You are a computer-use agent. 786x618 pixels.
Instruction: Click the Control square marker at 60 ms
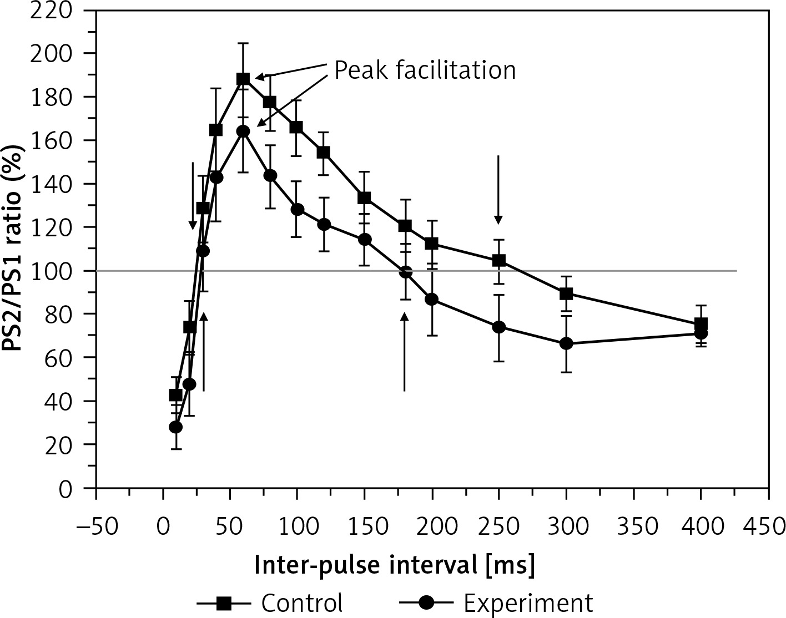(x=243, y=79)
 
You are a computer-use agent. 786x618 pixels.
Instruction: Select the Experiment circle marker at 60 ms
(x=243, y=131)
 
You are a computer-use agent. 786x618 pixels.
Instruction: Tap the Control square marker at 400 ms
(x=701, y=324)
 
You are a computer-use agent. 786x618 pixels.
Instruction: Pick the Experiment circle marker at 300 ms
(x=566, y=344)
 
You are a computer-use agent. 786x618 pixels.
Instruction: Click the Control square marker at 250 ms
(x=499, y=260)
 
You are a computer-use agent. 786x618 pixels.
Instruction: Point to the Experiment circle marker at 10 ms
(x=176, y=427)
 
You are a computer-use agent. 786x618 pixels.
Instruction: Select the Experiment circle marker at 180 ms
(x=405, y=272)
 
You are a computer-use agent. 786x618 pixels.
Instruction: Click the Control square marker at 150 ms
(x=365, y=198)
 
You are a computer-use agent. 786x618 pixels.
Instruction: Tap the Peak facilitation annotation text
(x=425, y=70)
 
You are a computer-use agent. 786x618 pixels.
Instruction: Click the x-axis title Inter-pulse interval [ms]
(x=395, y=566)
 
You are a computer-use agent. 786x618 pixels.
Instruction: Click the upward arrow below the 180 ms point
(x=405, y=352)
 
